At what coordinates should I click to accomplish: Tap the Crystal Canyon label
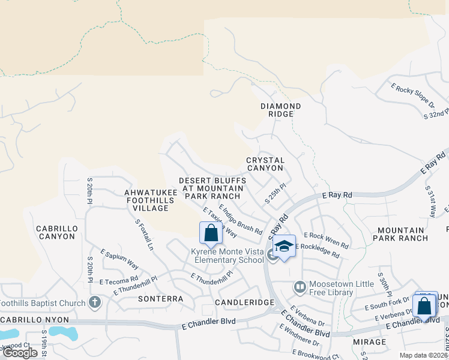265,164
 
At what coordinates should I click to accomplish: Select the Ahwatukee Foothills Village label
146,200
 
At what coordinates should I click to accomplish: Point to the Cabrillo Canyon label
55,232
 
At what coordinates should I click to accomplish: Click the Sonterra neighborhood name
160,298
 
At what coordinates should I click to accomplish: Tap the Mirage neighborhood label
370,342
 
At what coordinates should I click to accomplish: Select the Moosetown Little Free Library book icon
300,288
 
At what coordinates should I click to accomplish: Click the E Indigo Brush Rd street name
241,220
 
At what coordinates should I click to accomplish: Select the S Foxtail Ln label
145,235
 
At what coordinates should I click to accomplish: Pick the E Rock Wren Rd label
327,240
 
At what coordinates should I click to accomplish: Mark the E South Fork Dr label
387,307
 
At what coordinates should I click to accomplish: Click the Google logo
20,353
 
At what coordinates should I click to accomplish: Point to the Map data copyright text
423,355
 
